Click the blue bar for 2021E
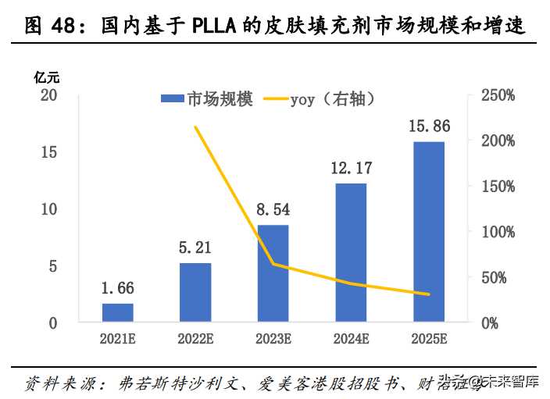click(117, 312)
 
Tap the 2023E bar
click(273, 273)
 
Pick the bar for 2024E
click(351, 252)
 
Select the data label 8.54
click(273, 209)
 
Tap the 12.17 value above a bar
click(351, 168)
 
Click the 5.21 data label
click(195, 248)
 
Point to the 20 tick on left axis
click(49, 95)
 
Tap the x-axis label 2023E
click(273, 340)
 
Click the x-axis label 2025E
click(429, 340)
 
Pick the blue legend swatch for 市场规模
click(172, 99)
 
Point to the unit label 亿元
click(46, 77)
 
